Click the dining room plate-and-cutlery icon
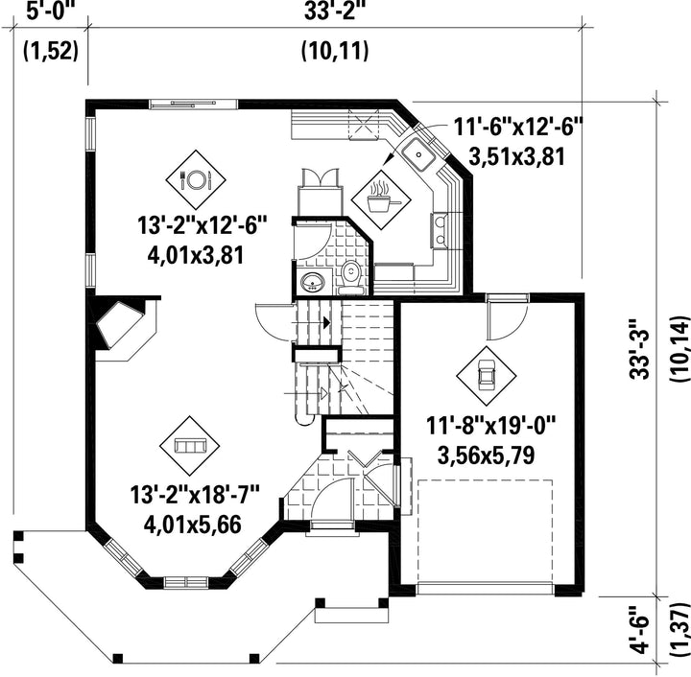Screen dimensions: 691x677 tap(196, 179)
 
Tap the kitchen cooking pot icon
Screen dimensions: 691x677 tap(381, 199)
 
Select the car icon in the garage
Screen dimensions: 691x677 tap(486, 376)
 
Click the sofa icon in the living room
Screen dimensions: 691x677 tap(189, 446)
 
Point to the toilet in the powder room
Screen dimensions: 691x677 tap(351, 277)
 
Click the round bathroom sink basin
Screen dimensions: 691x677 tap(312, 281)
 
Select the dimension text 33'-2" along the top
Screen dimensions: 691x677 tap(335, 12)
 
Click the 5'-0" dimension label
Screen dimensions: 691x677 tap(52, 12)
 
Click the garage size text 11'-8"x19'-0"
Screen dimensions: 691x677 tap(491, 426)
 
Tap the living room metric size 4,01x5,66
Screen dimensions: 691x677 tap(193, 525)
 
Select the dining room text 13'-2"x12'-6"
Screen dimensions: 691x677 tap(203, 225)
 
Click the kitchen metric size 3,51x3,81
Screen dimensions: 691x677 tap(516, 156)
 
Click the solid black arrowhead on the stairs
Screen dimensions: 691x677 tap(327, 322)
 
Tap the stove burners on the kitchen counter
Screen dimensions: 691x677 tap(439, 230)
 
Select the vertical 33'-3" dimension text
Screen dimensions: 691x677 tap(640, 348)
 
